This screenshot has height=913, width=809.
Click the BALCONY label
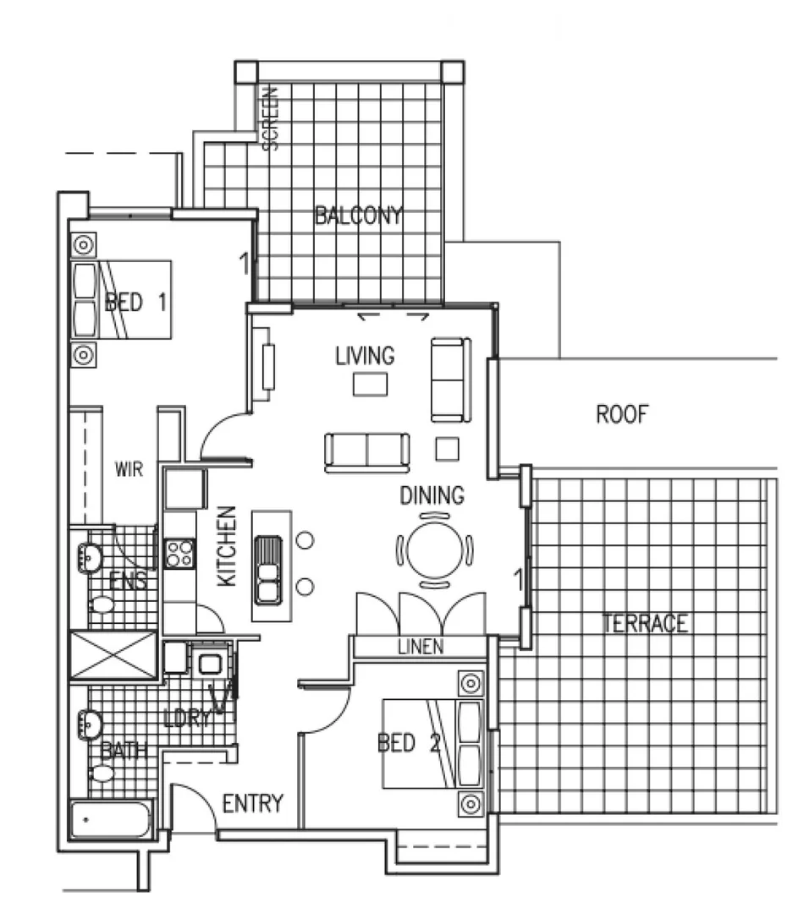(358, 216)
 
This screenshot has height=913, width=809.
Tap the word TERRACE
(645, 624)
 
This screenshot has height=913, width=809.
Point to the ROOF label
(622, 415)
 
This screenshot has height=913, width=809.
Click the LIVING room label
(365, 355)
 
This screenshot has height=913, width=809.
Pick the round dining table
(432, 549)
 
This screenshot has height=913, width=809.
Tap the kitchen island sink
(268, 569)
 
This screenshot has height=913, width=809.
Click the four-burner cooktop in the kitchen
(179, 554)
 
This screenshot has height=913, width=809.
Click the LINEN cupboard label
(420, 648)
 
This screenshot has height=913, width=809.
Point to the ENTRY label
(252, 803)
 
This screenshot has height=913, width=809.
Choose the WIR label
(129, 470)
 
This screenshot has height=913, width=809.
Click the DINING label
(432, 495)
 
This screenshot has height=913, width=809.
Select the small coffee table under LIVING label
(370, 385)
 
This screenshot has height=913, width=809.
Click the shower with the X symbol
(113, 654)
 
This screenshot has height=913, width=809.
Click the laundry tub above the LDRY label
(208, 660)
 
